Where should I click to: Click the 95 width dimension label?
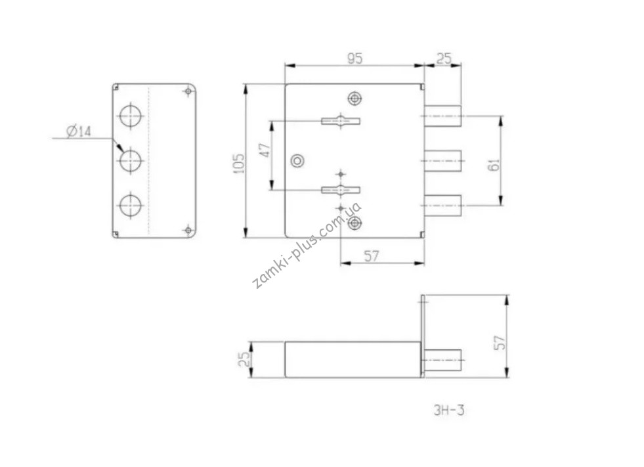coord(355,58)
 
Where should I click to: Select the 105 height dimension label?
coord(238,163)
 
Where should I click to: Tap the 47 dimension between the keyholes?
coord(266,150)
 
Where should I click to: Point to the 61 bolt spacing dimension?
coord(495,164)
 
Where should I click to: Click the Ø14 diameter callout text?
coord(79,131)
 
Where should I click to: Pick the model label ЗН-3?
coord(449,411)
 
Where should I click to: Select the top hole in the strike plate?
coord(131,116)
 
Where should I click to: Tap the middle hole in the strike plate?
coord(131,160)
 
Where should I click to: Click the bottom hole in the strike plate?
coord(131,205)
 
